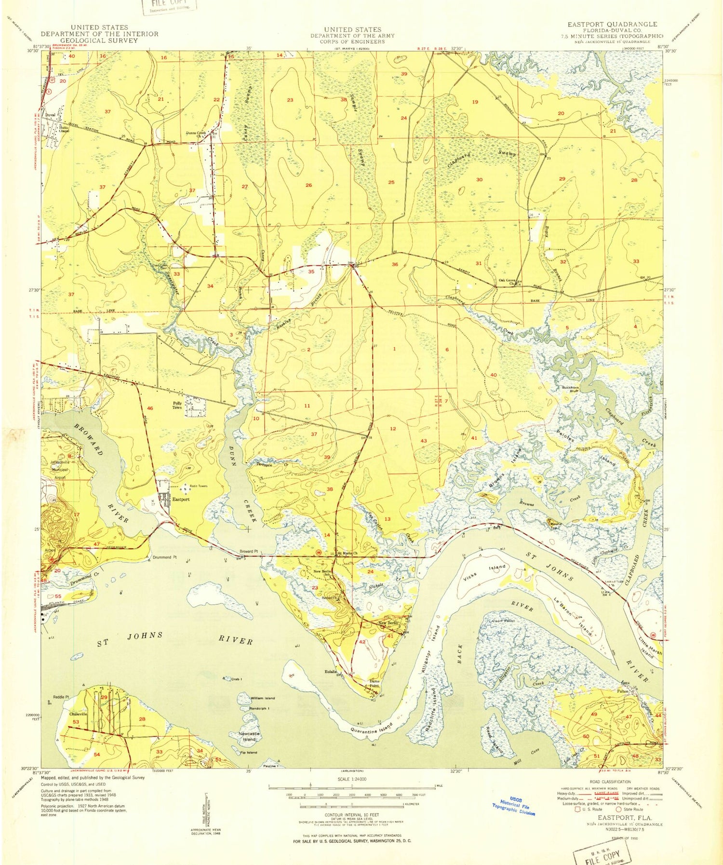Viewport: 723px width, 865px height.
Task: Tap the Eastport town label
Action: pos(181,500)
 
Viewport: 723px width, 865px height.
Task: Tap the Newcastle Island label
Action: pos(249,736)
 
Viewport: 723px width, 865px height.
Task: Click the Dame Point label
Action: pos(374,683)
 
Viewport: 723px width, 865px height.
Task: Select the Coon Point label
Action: pos(504,621)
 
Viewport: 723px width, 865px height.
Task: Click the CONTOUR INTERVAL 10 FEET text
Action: pos(352,814)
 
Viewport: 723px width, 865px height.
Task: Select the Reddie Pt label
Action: pos(61,697)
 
